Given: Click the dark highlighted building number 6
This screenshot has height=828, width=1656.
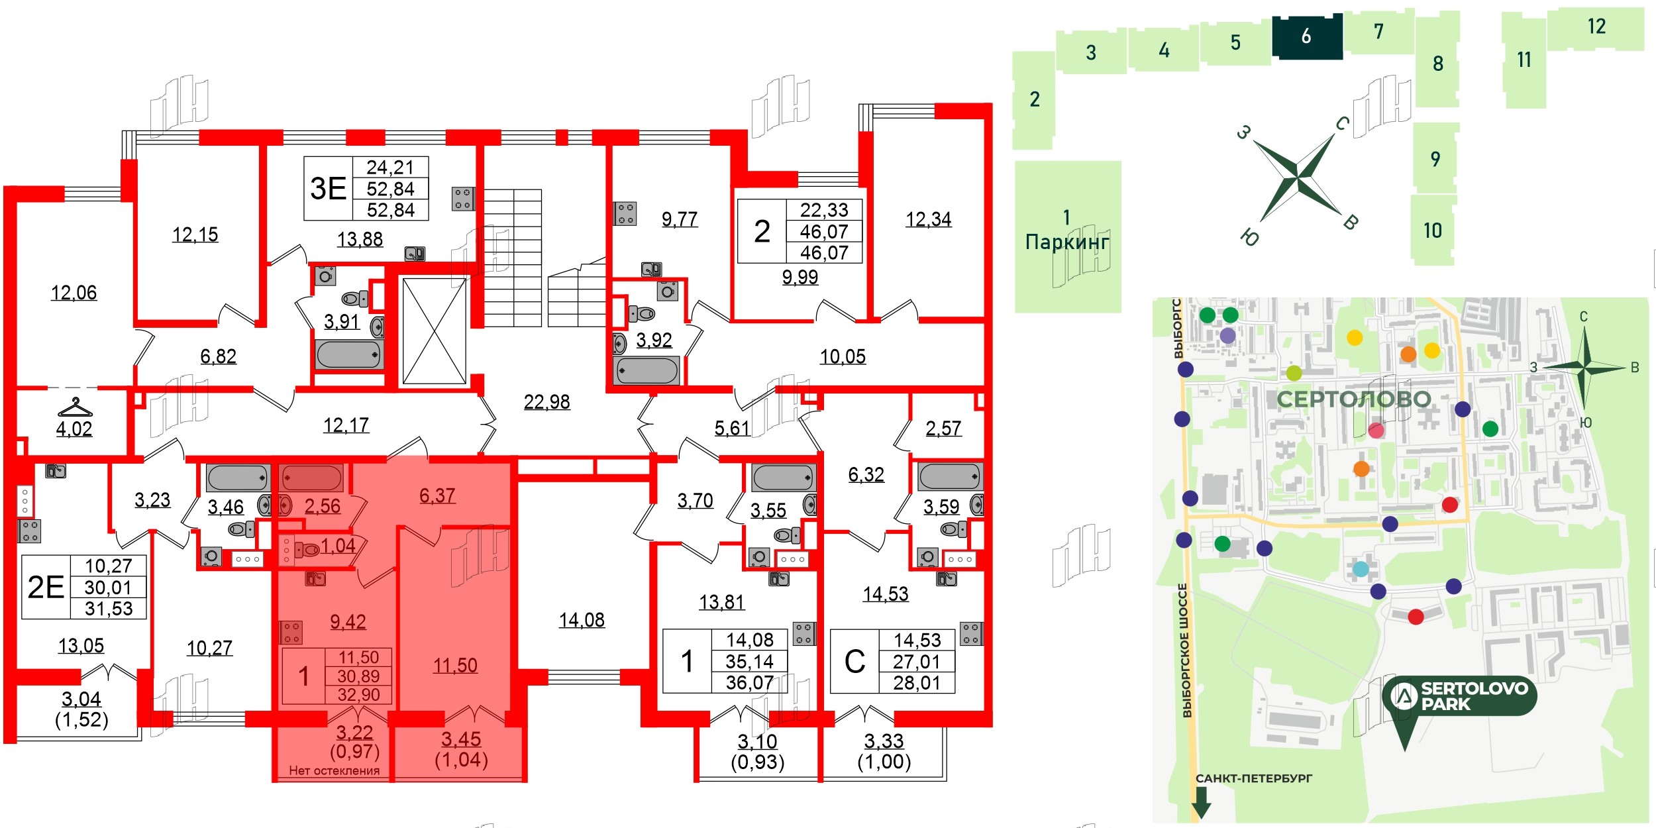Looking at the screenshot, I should click(x=1306, y=36).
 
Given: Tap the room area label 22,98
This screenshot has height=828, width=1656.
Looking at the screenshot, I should click(x=546, y=402).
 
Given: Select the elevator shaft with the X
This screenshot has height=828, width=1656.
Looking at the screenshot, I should click(x=435, y=331).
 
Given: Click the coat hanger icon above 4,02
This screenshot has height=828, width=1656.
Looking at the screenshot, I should click(x=75, y=407).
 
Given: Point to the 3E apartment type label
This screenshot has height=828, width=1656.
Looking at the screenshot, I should click(x=329, y=189).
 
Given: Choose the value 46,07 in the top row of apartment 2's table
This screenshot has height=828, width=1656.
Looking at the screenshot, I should click(x=824, y=232).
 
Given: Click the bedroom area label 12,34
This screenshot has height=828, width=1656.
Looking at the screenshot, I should click(x=928, y=219).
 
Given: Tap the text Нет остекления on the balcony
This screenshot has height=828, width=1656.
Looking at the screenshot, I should click(x=334, y=770).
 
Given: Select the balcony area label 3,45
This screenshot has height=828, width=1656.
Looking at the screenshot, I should click(x=461, y=739).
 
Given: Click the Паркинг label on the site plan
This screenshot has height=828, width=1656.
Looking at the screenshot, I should click(x=1066, y=242).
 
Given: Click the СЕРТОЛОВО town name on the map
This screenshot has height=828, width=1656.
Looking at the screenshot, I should click(x=1353, y=399).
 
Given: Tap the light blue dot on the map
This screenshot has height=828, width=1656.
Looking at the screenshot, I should click(x=1361, y=568).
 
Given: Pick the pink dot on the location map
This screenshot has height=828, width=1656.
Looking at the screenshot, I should click(x=1376, y=431).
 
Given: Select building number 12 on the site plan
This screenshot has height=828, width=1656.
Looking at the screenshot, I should click(x=1596, y=26).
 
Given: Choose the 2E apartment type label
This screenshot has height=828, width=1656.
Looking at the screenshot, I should click(x=46, y=588).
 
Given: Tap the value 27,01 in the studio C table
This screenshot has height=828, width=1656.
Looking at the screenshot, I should click(x=917, y=662).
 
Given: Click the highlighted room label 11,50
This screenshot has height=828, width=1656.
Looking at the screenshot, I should click(x=455, y=666).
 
